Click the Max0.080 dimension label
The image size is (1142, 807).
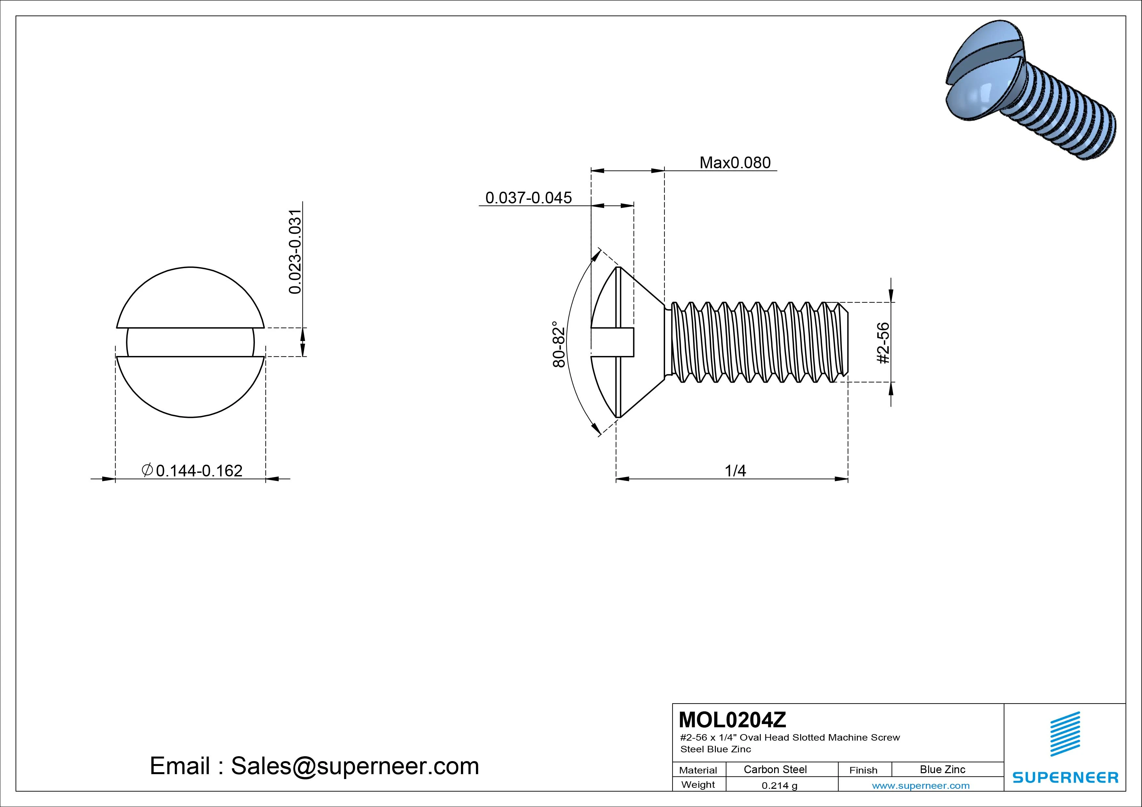coord(735,163)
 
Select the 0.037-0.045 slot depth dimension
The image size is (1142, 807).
coord(528,198)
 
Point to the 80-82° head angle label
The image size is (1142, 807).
coord(559,344)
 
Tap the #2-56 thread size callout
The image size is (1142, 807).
coord(884,343)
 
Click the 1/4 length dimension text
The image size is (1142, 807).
coord(735,471)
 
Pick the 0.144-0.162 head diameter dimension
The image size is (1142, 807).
coord(199,471)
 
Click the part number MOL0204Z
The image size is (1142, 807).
coord(732,719)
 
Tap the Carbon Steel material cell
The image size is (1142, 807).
coord(775,769)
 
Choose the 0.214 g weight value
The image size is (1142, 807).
coord(779,786)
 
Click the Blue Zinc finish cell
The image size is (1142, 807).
coord(942,769)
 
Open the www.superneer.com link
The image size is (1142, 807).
coord(920,786)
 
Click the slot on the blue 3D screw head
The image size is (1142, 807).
coord(982,67)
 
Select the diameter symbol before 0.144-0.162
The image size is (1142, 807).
coord(147,470)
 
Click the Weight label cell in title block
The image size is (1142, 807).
coord(698,785)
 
